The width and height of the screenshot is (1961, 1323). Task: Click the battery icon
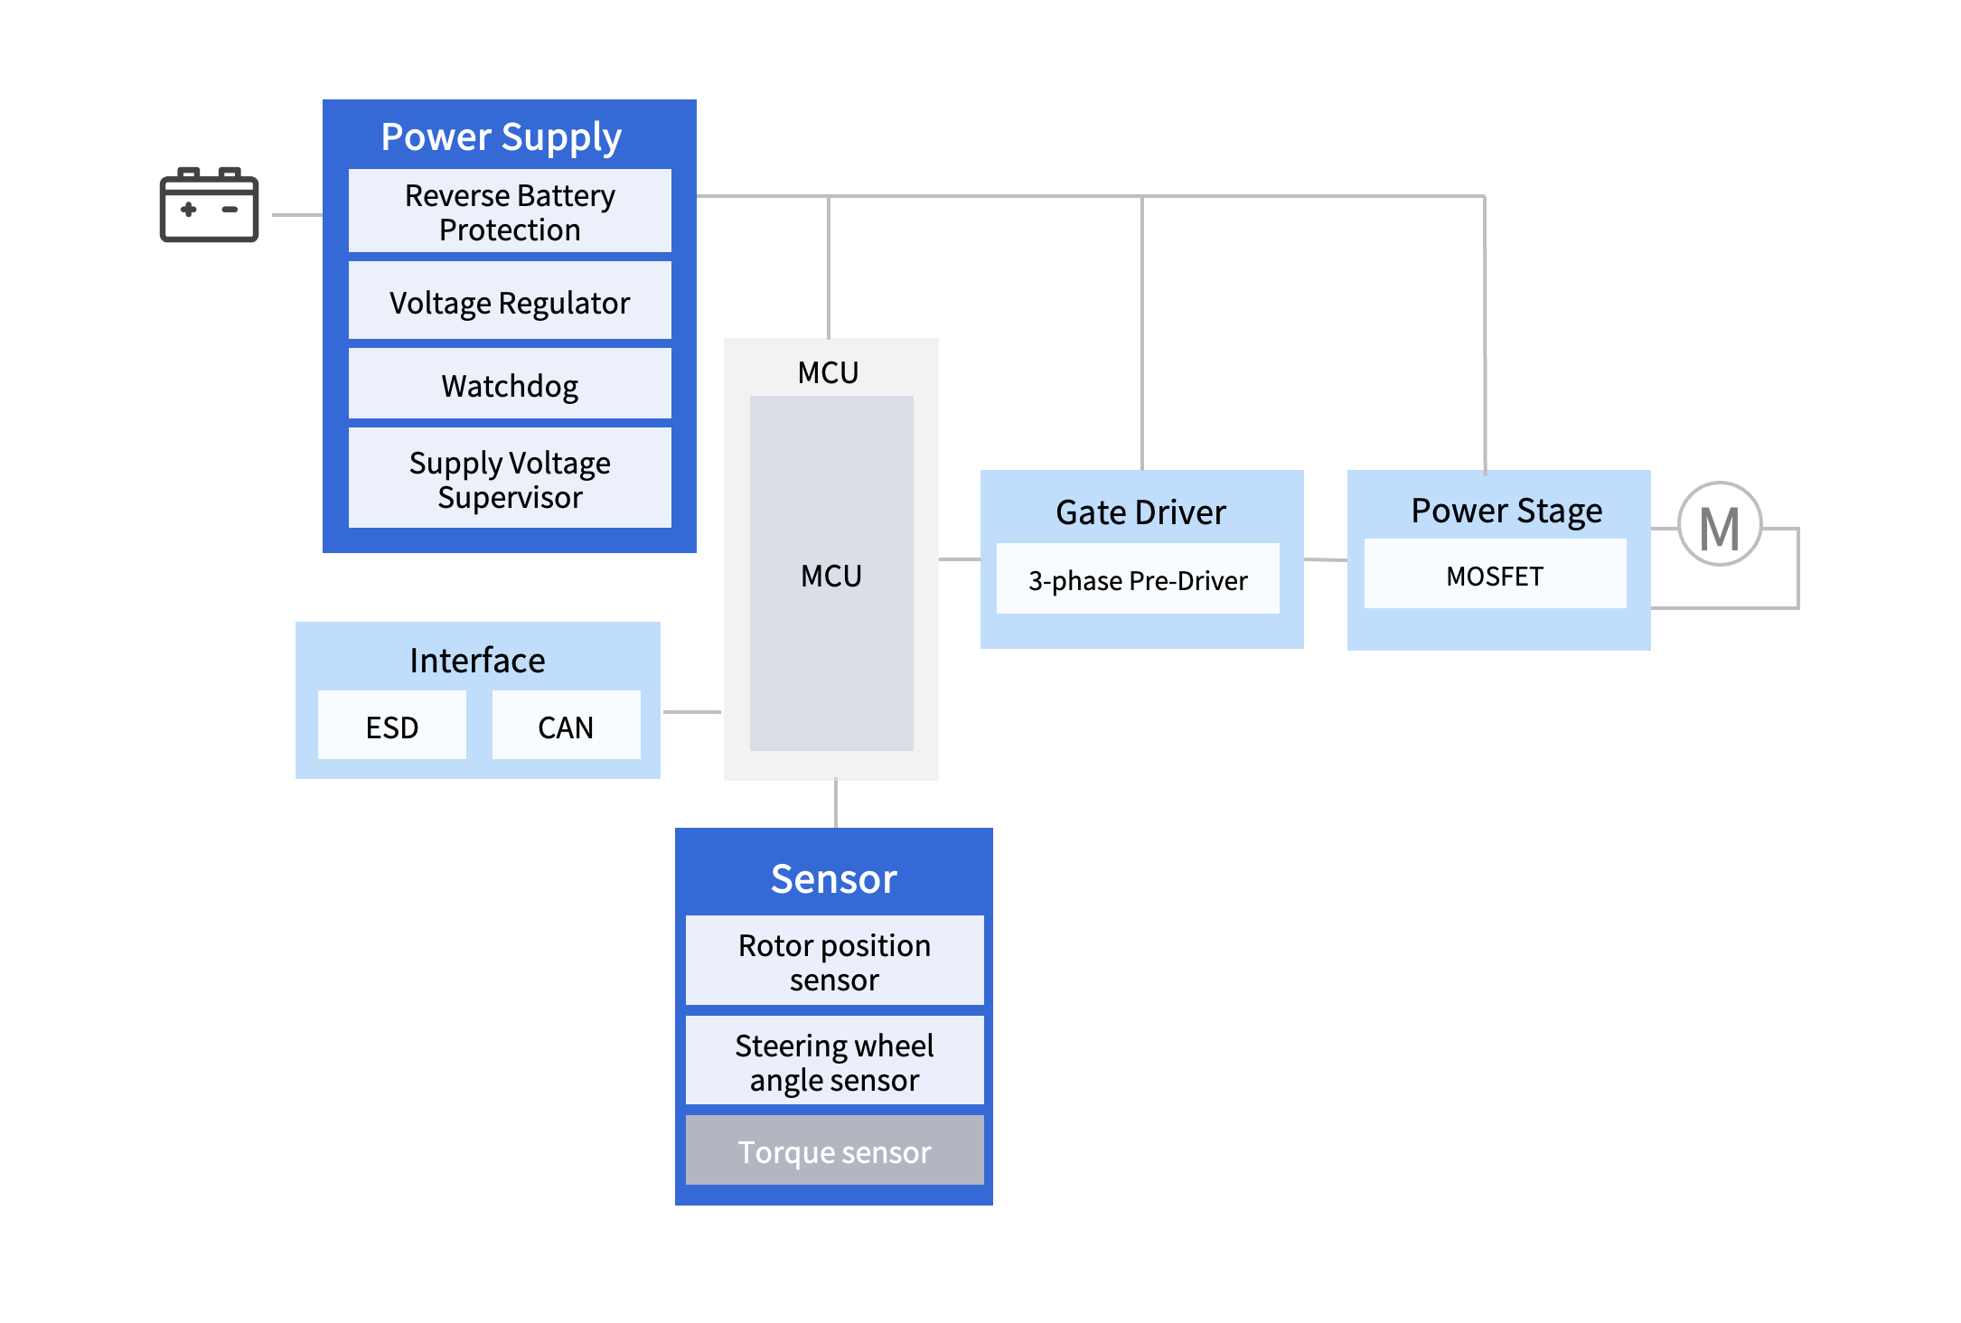tap(209, 205)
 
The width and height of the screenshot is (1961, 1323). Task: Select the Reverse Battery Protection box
tap(510, 211)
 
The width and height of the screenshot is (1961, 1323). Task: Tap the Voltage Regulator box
tap(510, 302)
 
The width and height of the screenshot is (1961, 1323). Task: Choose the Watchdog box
tap(510, 385)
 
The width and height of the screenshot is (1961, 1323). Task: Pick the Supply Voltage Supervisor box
tap(510, 479)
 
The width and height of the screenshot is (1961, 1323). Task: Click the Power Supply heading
tap(501, 136)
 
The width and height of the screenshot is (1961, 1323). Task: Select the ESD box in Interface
tap(392, 727)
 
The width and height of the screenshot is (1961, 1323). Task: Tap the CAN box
tap(566, 727)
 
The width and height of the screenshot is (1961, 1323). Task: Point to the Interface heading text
tap(477, 660)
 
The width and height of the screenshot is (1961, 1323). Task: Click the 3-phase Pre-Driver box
tap(1138, 579)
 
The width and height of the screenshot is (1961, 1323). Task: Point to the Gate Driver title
tap(1140, 511)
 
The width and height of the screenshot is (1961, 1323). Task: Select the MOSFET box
tap(1495, 576)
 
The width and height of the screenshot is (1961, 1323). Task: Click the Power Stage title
tap(1506, 511)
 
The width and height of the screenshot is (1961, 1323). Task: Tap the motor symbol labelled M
tap(1719, 525)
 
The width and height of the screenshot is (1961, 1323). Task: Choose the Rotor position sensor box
tap(834, 962)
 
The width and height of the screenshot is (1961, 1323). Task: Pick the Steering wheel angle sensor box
tap(834, 1062)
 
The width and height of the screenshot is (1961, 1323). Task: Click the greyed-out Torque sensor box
tap(834, 1151)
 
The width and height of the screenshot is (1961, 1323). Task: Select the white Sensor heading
tap(833, 878)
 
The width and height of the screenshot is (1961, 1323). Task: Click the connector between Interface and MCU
tap(692, 712)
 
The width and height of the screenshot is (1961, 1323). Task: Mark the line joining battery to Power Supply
tap(297, 215)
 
